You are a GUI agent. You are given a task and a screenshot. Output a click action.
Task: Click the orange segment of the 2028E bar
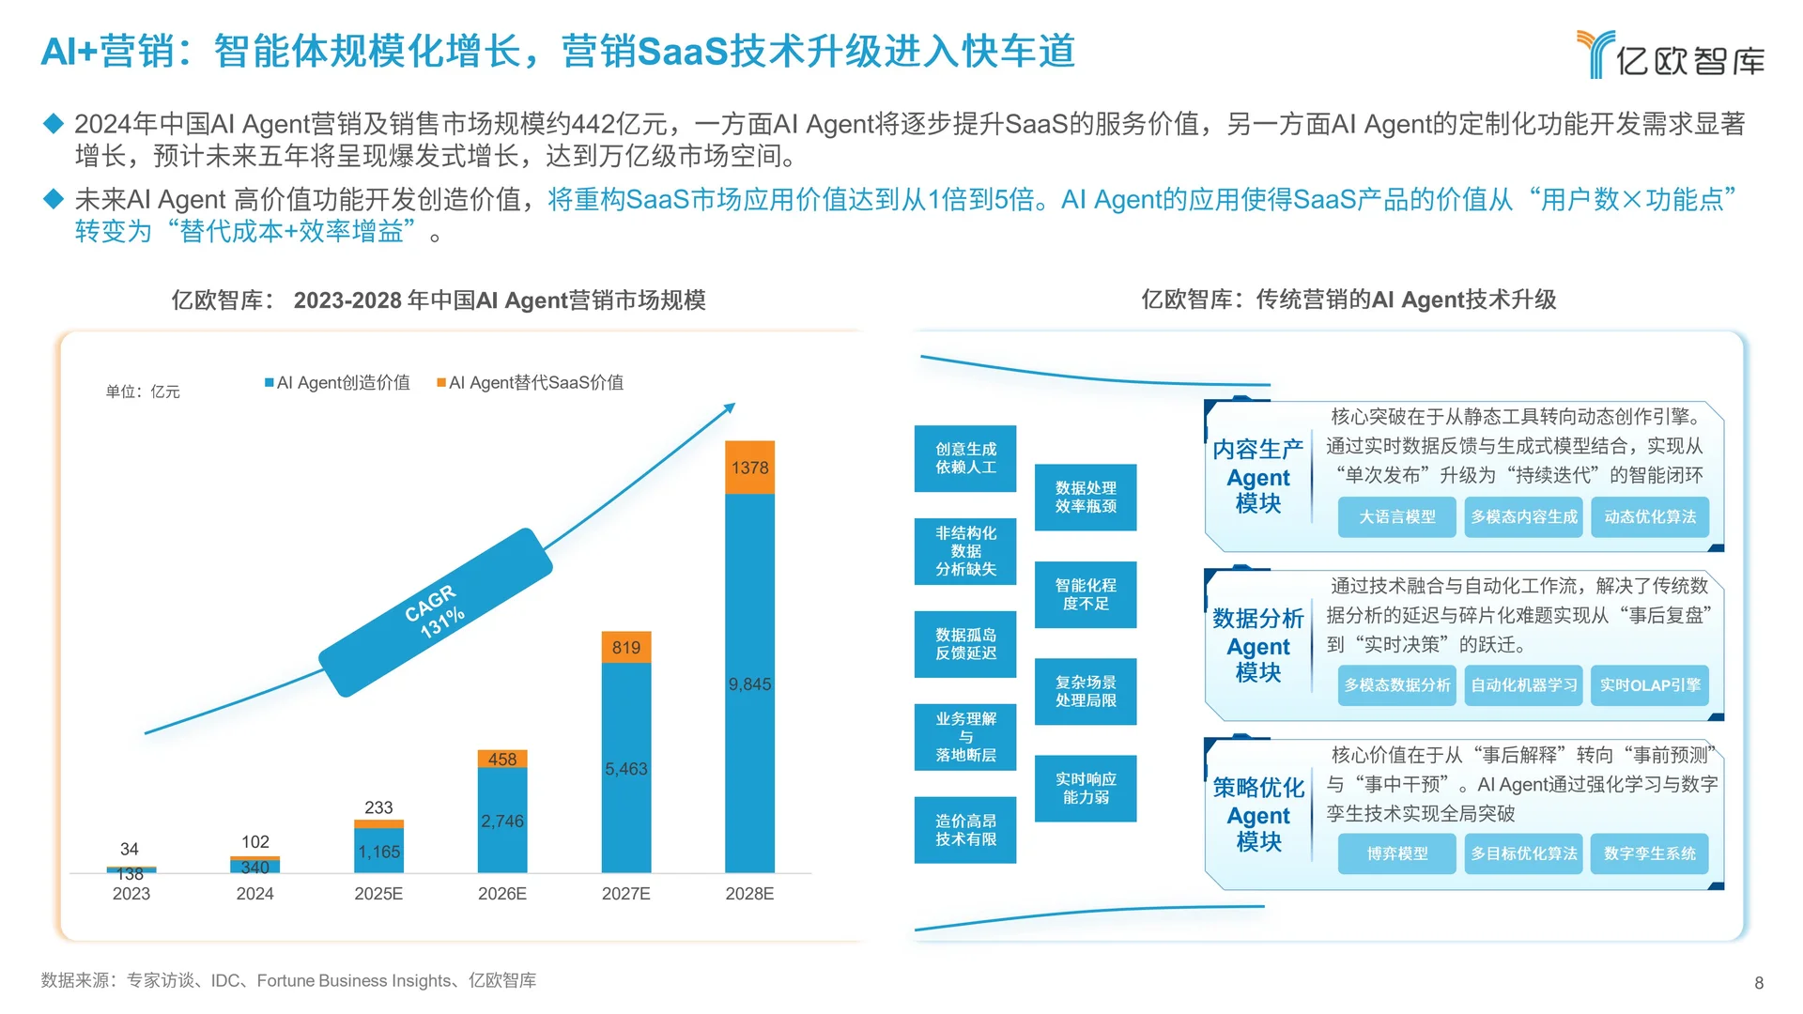tap(749, 468)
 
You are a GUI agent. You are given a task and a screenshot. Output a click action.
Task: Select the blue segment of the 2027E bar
tap(625, 768)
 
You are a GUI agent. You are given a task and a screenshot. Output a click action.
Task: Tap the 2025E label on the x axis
tap(378, 894)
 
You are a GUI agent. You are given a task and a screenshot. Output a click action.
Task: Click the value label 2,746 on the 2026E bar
tap(502, 821)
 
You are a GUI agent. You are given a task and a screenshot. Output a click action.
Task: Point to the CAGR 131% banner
tap(435, 612)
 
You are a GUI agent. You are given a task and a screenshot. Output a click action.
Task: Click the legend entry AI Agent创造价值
tap(338, 383)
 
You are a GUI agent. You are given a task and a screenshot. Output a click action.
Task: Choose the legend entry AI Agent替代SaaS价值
tap(531, 383)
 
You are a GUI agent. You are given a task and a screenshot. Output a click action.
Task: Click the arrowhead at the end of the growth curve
tap(730, 407)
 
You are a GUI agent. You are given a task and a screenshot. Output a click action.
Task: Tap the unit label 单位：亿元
tap(143, 392)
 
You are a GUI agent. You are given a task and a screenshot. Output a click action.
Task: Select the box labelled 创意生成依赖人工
tap(965, 458)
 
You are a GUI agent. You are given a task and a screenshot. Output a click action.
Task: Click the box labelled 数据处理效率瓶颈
tap(1086, 498)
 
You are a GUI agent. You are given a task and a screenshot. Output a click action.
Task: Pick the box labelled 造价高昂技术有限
tap(965, 830)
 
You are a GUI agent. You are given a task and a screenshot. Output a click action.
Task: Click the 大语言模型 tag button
tap(1396, 517)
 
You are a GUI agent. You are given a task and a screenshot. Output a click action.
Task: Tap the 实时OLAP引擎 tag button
tap(1650, 685)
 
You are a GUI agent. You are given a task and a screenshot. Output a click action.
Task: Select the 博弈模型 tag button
tap(1396, 853)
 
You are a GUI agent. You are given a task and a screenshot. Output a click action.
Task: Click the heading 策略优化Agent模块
tap(1258, 814)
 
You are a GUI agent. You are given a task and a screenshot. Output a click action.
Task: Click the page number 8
tap(1759, 983)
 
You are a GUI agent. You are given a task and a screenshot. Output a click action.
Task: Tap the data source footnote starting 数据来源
tap(288, 980)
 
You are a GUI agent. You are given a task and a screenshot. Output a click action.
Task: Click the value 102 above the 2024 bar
tap(255, 842)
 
